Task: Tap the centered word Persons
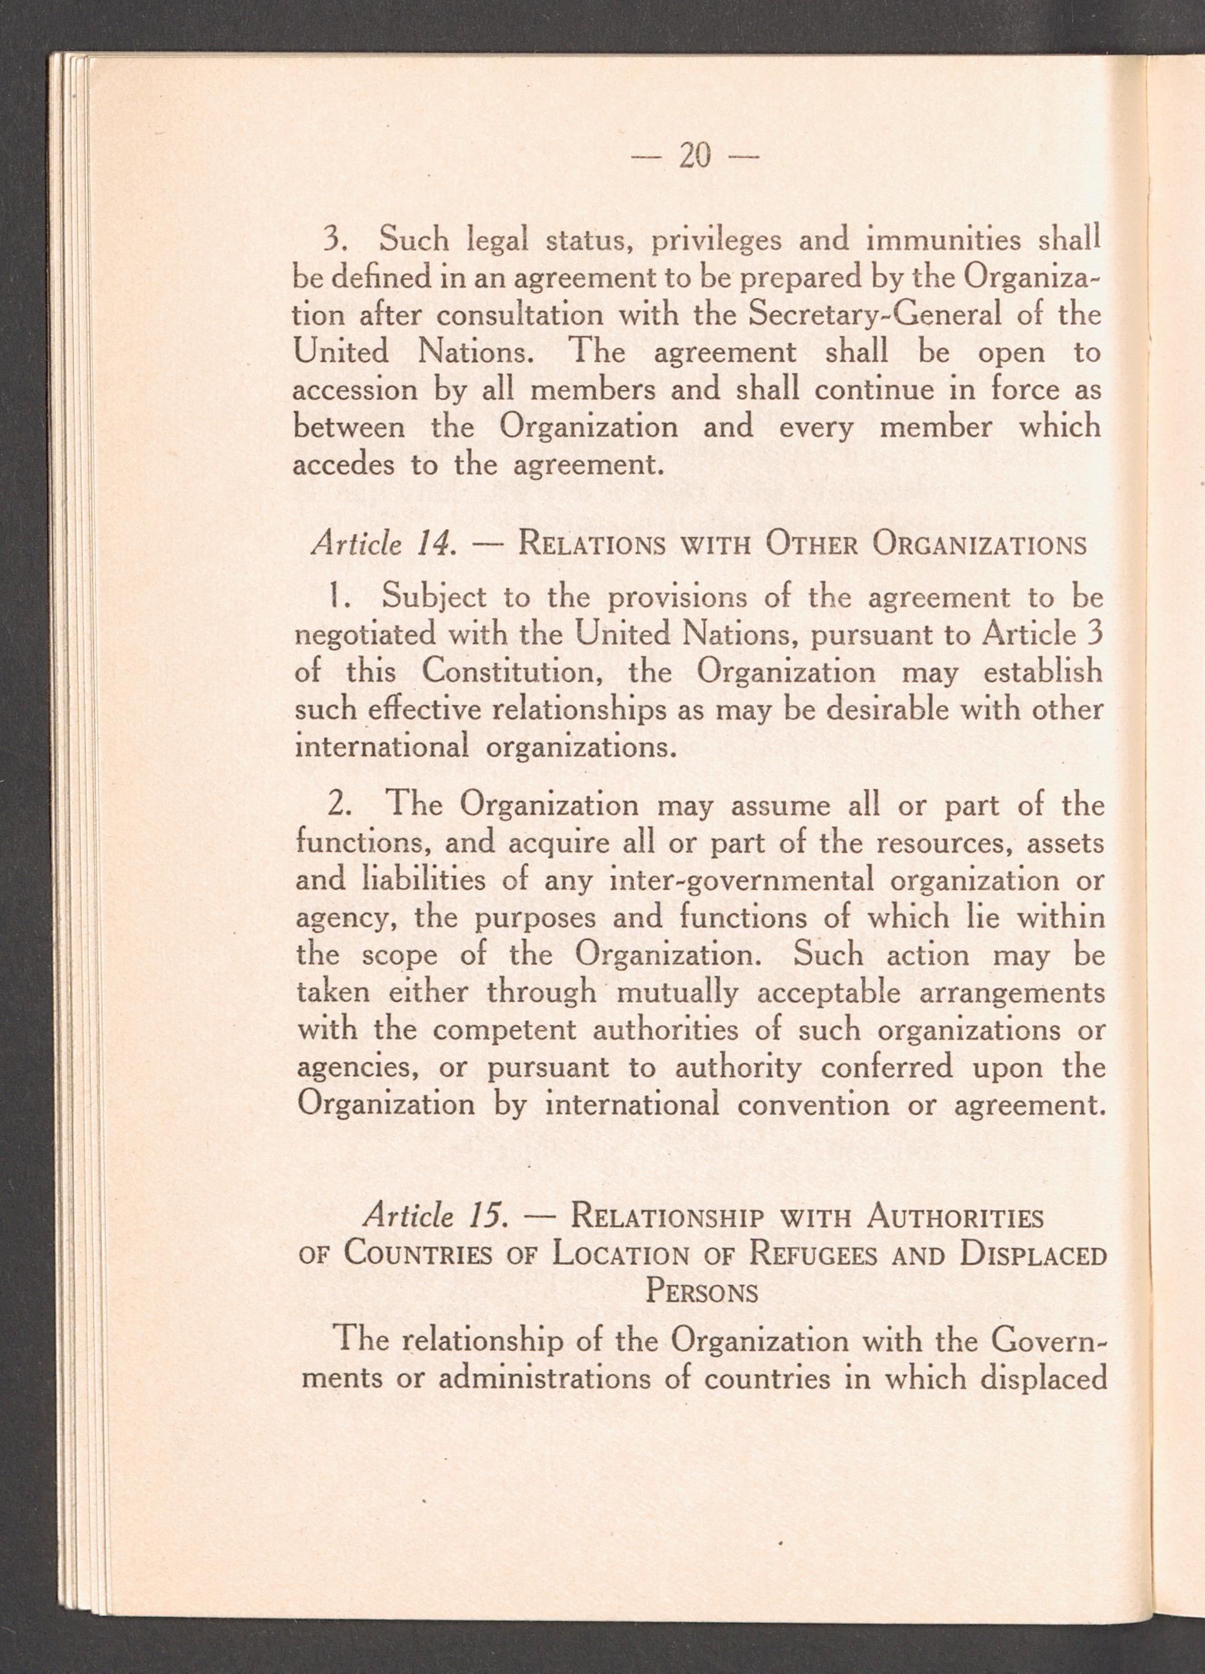click(x=702, y=1293)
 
